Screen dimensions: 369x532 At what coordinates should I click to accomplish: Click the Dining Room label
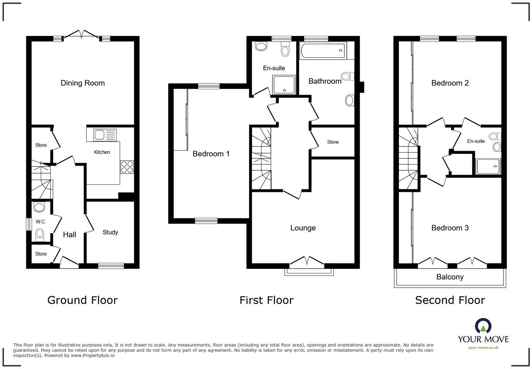tap(82, 83)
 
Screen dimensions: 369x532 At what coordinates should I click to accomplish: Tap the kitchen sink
tap(101, 135)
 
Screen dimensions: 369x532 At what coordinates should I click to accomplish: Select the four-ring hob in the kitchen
tap(127, 167)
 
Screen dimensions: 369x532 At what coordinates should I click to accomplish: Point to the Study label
tap(110, 232)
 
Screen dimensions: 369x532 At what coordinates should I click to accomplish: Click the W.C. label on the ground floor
tap(41, 222)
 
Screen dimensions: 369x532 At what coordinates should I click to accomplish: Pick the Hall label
tap(70, 234)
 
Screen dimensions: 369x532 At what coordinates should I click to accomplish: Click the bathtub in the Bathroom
tap(323, 51)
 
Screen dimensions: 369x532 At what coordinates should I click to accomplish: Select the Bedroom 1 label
tap(211, 154)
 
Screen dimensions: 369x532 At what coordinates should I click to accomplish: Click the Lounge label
tap(303, 228)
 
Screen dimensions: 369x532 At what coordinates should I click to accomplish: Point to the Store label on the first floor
tap(333, 142)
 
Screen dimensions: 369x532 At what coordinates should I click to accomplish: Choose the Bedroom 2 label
tap(450, 83)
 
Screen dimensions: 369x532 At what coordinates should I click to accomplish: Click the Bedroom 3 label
tap(450, 228)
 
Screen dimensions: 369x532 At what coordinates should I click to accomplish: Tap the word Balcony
tap(450, 277)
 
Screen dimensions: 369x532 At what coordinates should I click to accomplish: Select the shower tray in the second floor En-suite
tap(488, 167)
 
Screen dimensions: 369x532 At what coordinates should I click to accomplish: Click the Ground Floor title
tap(82, 300)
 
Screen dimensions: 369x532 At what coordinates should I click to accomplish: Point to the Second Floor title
tap(450, 300)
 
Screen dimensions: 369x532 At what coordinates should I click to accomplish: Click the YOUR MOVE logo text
tap(483, 339)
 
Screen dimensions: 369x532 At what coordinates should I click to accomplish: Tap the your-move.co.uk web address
tap(483, 348)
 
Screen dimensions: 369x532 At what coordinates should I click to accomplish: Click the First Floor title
tap(266, 300)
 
